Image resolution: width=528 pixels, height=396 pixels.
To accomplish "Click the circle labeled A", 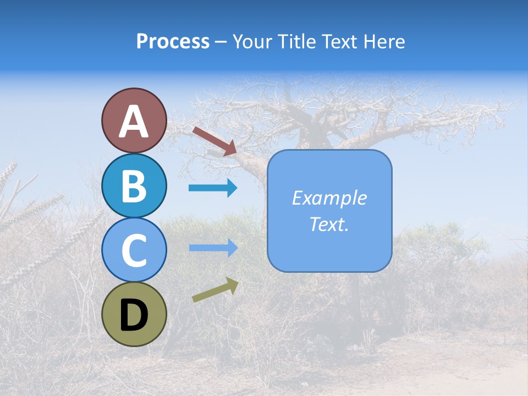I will pos(134,120).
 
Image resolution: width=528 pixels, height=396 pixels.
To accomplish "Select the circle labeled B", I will pos(134,186).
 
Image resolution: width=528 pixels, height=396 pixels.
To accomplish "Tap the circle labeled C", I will pos(134,250).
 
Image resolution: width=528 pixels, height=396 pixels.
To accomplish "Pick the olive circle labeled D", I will pos(134,314).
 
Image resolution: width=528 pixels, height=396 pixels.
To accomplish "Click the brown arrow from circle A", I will pos(215,141).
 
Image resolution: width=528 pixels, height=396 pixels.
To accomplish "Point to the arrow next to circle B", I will pos(213,188).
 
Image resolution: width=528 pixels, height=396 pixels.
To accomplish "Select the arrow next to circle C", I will pos(213,248).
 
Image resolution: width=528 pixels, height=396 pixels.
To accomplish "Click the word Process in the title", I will pos(173,42).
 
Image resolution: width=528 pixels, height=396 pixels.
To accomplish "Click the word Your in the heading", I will pos(251,42).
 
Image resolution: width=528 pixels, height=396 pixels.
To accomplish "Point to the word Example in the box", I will pos(329,198).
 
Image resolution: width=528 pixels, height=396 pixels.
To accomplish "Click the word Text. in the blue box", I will pos(329,224).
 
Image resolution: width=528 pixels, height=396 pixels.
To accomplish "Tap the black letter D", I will pos(134,315).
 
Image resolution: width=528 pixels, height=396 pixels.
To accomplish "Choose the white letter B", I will pos(134,186).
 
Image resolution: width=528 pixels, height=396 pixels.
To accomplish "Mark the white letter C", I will pos(134,251).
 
